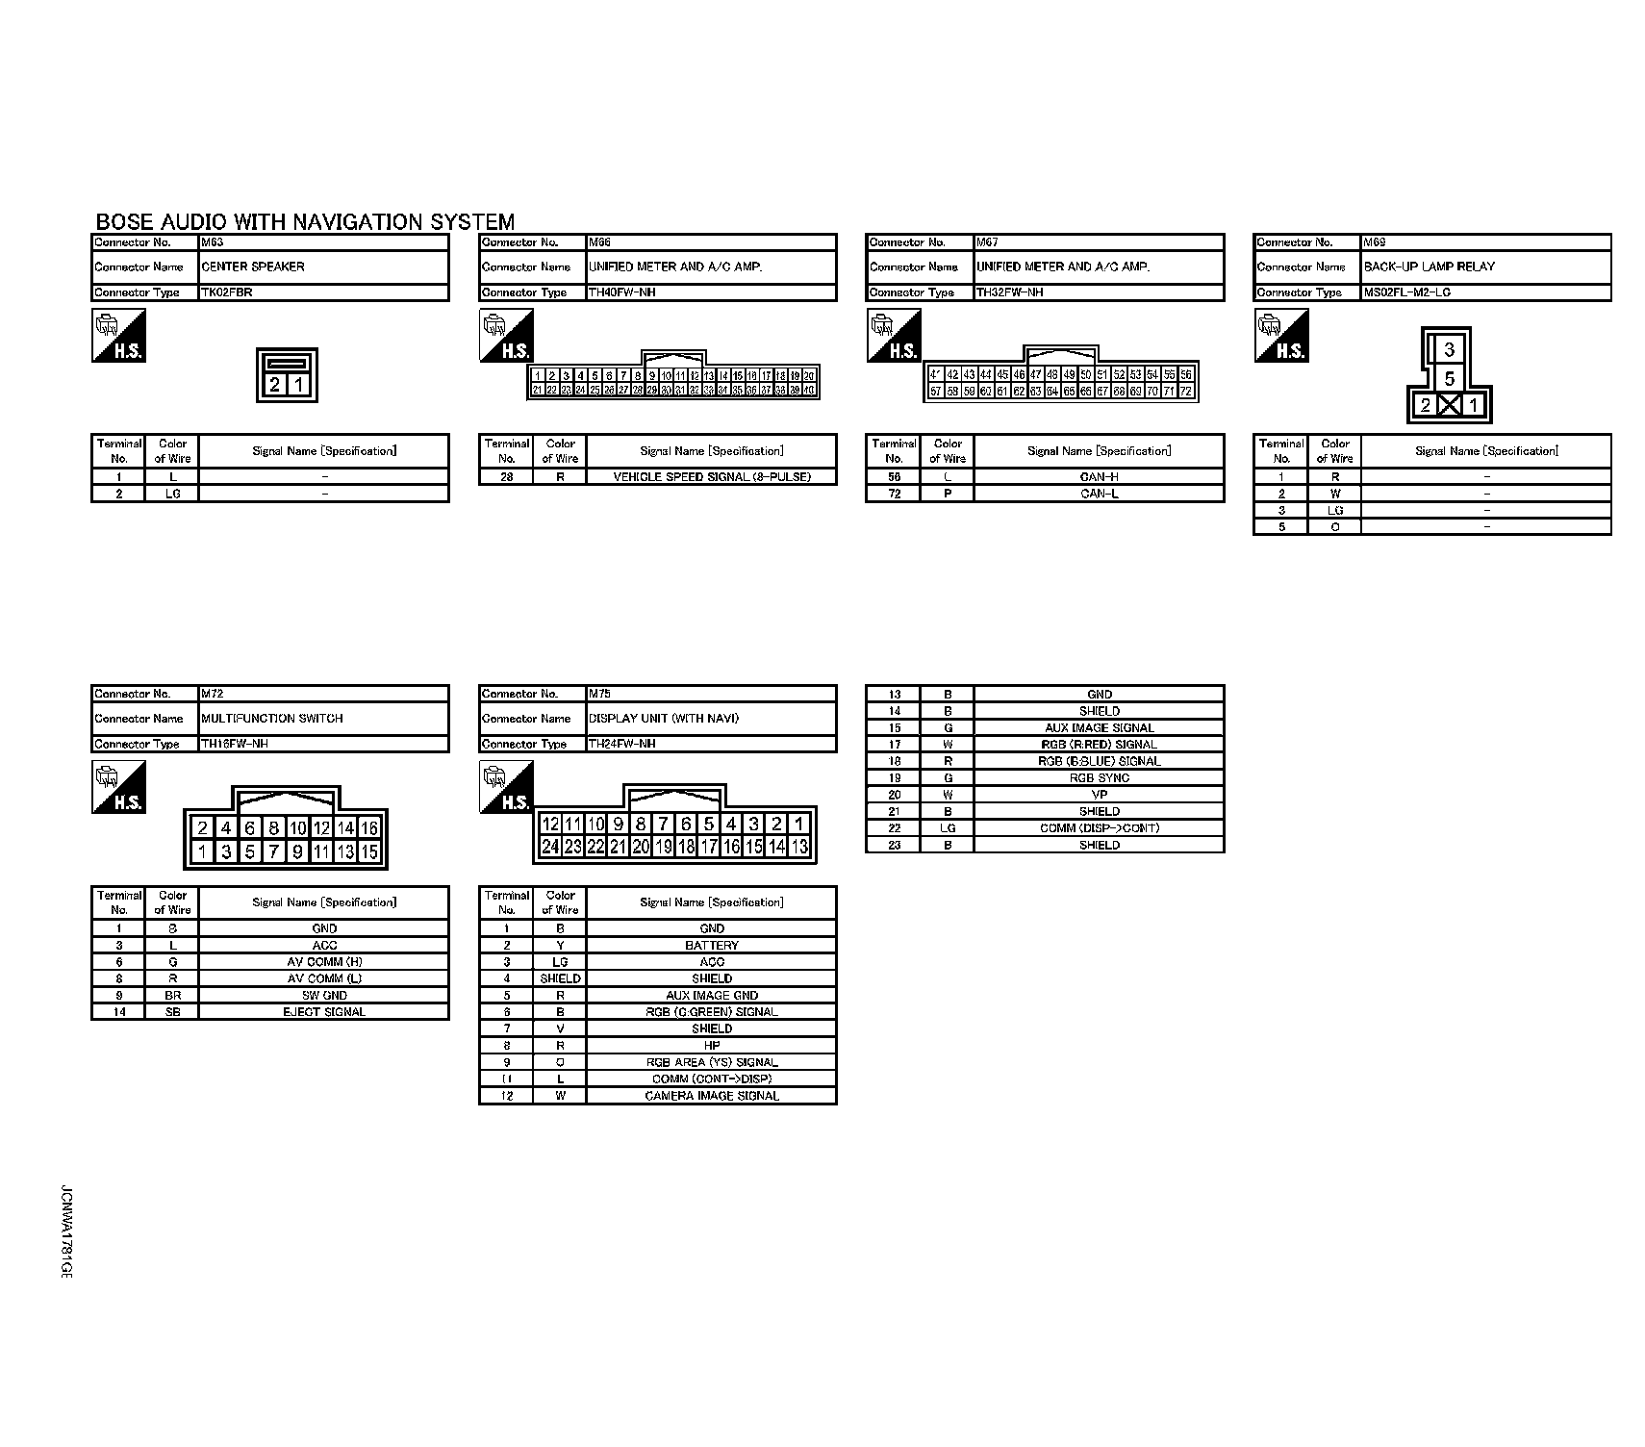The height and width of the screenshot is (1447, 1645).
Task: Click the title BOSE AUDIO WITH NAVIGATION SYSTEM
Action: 305,222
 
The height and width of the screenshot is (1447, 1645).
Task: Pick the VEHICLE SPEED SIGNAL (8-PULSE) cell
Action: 711,477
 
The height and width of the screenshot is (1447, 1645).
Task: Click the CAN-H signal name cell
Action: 1099,477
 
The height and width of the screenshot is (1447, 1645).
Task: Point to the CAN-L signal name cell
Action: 1099,494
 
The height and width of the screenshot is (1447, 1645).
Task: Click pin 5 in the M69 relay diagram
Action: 1449,378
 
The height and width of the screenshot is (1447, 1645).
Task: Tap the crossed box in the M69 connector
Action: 1449,405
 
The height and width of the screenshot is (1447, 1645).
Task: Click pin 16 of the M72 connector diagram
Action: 368,828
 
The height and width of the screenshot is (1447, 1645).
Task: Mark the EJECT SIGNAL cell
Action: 323,1012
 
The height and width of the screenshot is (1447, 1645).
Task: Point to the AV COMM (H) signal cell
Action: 323,962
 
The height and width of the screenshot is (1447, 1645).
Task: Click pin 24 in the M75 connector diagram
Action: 550,847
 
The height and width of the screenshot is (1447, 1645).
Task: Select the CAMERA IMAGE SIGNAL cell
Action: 711,1096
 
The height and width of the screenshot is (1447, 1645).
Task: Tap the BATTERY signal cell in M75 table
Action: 711,946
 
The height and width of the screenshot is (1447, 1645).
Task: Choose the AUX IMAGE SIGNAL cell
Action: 1099,728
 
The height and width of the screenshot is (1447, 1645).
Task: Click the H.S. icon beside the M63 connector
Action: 118,336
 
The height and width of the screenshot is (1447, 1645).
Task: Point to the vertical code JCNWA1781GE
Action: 65,1231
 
